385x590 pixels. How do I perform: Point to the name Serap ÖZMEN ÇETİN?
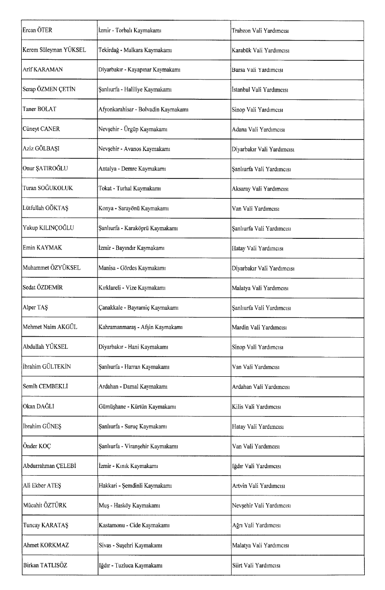pyautogui.click(x=49, y=90)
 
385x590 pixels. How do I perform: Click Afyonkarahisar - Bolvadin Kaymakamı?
pyautogui.click(x=143, y=110)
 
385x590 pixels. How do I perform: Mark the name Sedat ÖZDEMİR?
pyautogui.click(x=43, y=288)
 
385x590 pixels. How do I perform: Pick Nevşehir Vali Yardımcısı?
pyautogui.click(x=261, y=505)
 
